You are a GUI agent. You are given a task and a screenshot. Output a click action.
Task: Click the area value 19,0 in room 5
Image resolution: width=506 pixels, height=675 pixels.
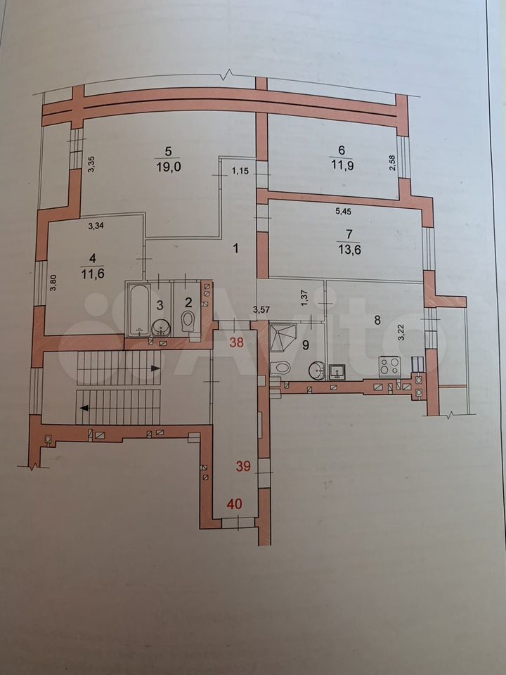[168, 167]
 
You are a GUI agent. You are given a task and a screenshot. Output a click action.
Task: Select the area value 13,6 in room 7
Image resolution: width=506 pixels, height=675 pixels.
[349, 249]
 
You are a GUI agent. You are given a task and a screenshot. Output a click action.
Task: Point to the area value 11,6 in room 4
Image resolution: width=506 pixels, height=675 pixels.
[93, 274]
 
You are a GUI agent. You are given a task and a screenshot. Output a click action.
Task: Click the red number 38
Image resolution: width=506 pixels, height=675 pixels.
[237, 342]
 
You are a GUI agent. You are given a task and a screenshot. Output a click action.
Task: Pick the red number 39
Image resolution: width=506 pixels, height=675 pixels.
[243, 465]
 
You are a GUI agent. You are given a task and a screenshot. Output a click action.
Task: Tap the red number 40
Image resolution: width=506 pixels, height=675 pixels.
[235, 503]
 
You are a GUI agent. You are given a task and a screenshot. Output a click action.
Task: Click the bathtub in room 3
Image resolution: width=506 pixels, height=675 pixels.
[138, 309]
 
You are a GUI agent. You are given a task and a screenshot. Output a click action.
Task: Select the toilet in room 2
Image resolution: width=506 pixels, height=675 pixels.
[188, 321]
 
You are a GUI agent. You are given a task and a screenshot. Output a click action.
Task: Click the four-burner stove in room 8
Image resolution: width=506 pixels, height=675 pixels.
[390, 366]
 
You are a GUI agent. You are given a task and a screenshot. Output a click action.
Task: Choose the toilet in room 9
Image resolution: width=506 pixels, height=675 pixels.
[280, 368]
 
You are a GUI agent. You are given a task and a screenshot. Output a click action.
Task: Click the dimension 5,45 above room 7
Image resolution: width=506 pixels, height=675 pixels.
[343, 212]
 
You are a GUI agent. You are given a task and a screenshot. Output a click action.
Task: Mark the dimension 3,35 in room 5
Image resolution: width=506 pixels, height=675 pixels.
[91, 164]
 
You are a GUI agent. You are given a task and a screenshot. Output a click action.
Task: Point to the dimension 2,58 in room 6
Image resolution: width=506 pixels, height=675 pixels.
[392, 162]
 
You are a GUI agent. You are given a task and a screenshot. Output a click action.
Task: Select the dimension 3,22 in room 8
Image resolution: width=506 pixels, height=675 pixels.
[401, 333]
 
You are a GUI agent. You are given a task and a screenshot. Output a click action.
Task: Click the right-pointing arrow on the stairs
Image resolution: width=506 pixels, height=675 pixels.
[155, 368]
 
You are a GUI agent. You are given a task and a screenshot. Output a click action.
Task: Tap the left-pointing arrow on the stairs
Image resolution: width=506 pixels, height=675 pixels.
[84, 408]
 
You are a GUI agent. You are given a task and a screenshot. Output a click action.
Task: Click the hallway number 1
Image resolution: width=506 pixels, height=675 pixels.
[235, 248]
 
